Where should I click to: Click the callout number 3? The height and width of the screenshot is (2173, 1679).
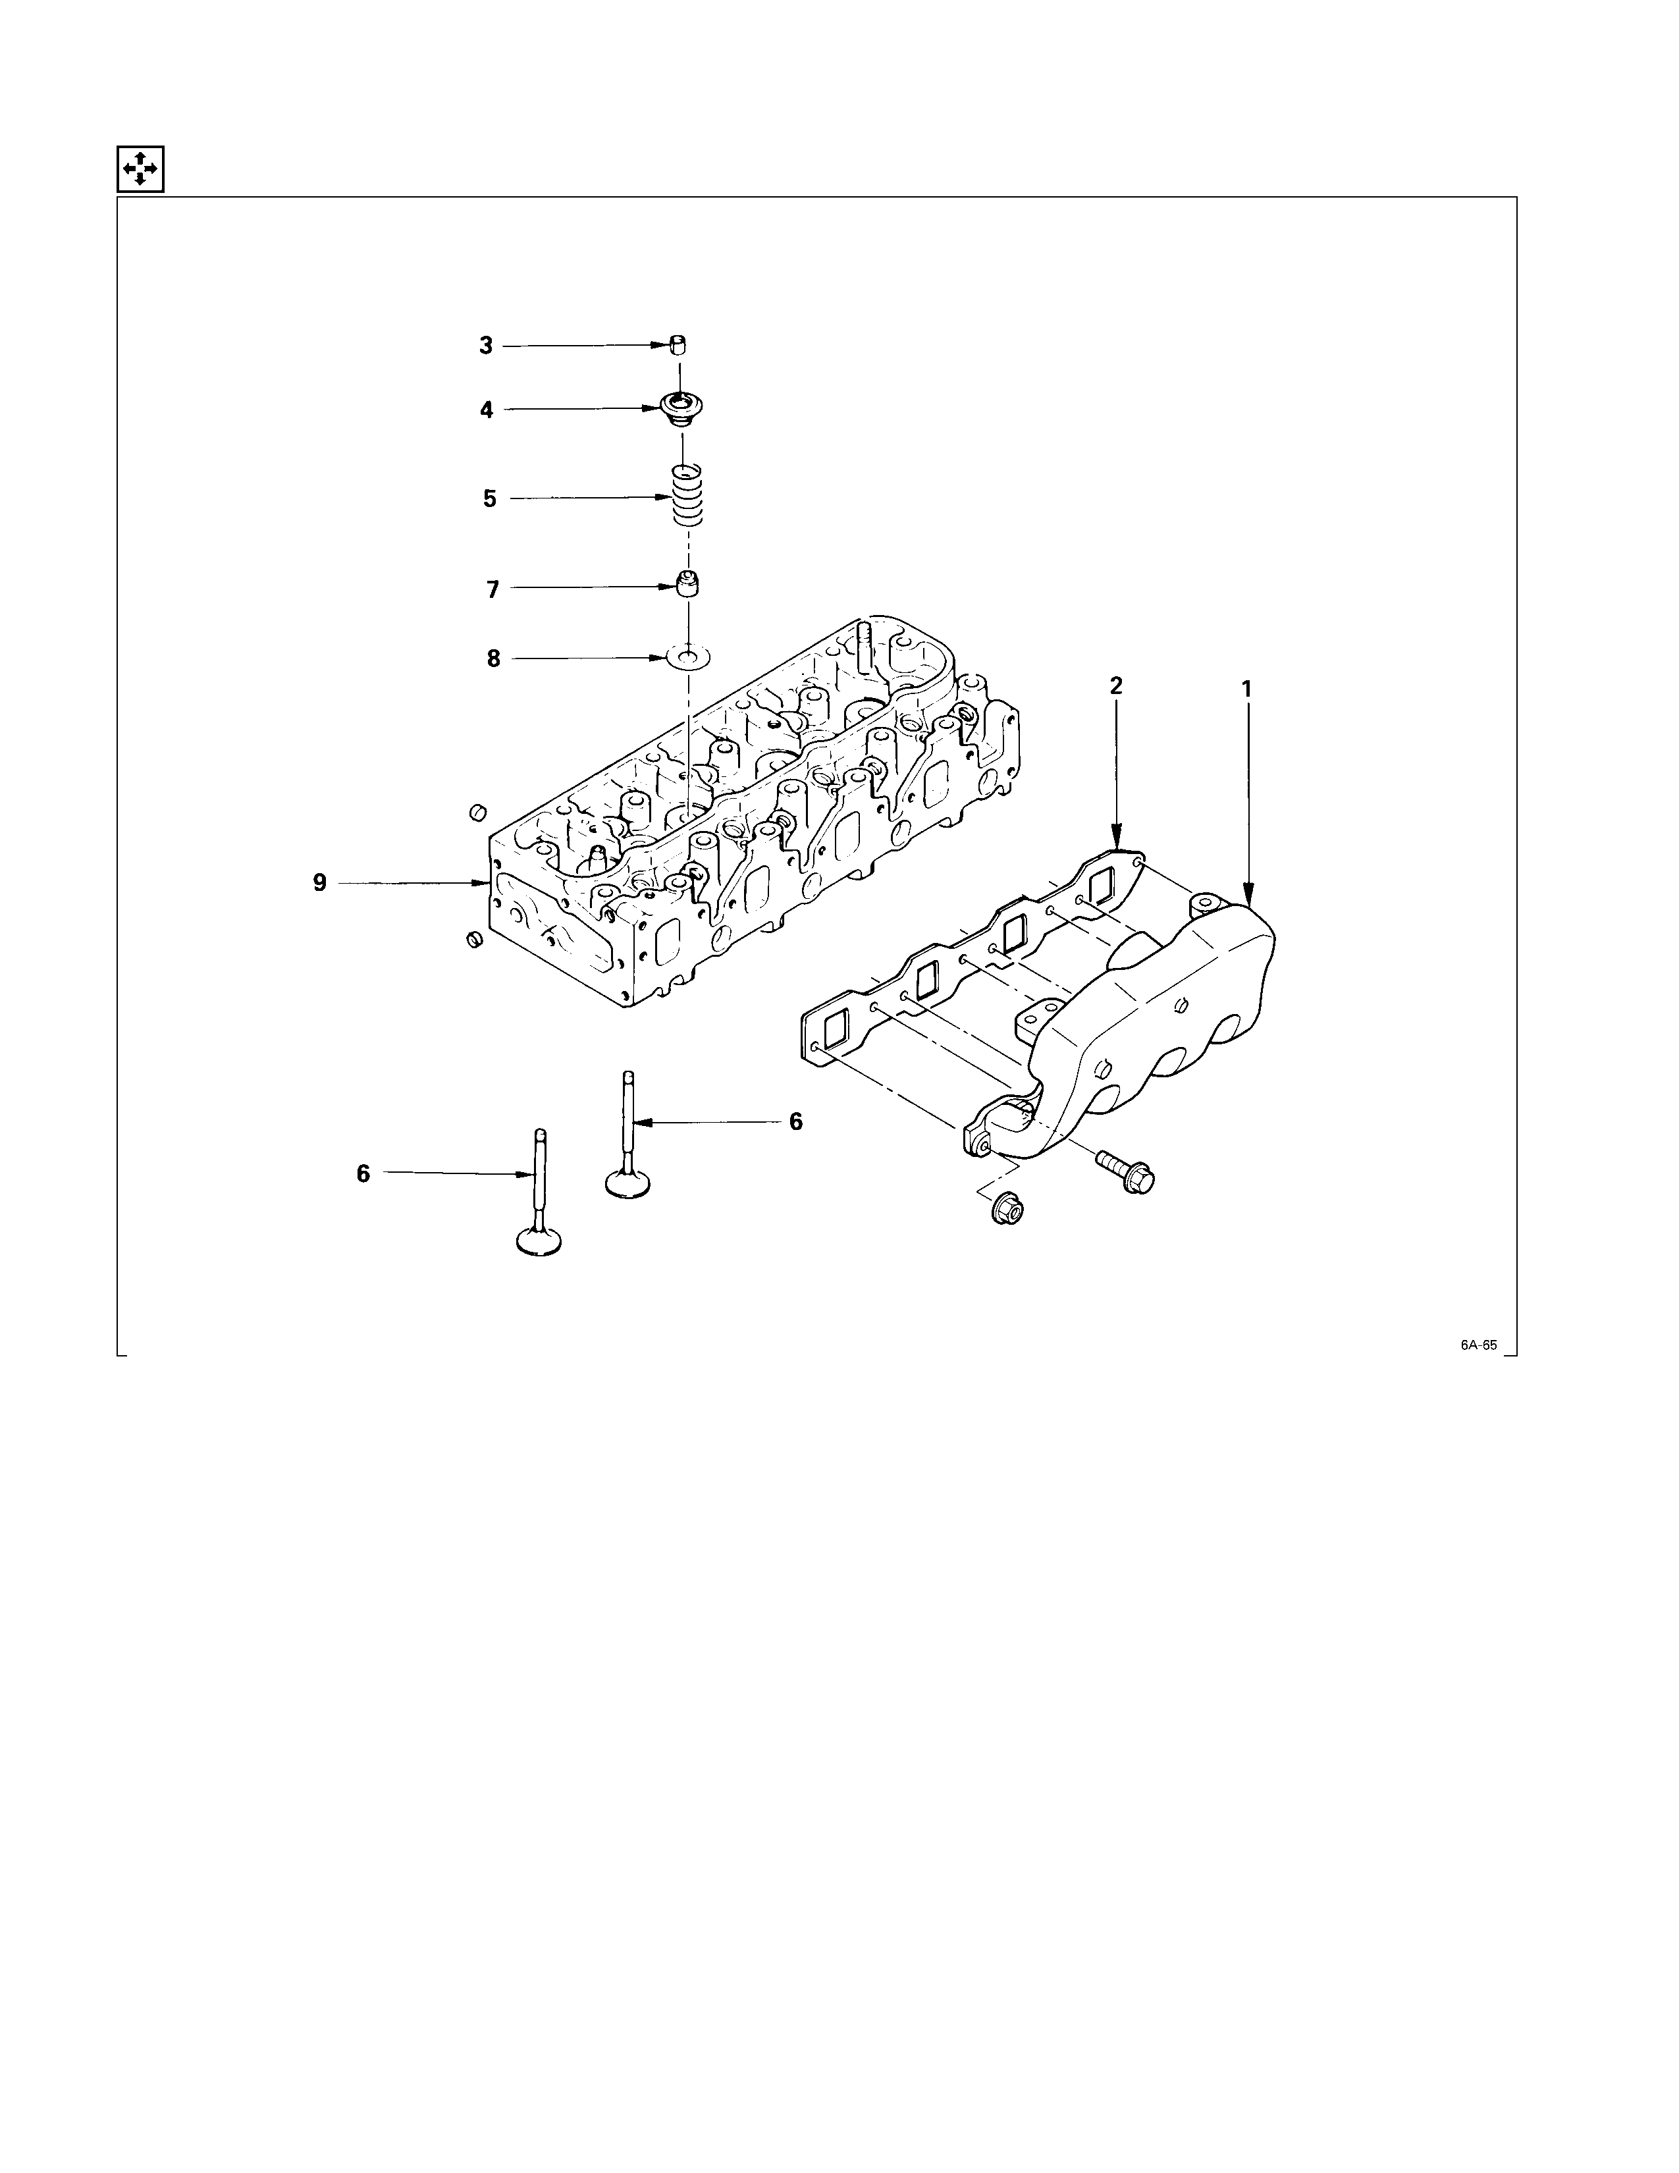485,346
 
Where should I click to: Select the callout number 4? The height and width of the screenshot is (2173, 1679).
487,410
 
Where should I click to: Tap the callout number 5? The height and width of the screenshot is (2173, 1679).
489,498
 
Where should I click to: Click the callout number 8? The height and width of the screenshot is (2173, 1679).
493,658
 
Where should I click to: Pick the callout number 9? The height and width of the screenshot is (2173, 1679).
319,882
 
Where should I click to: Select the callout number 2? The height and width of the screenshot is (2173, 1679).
1116,685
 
